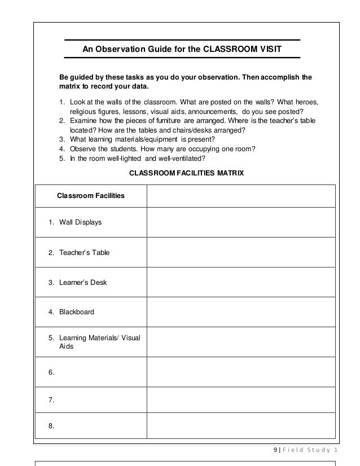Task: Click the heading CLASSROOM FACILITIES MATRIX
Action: (187, 174)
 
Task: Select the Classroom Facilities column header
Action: (91, 196)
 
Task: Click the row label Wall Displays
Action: (80, 222)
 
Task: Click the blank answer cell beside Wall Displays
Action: (241, 222)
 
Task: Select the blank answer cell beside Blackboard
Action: (241, 311)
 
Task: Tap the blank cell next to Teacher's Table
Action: (241, 252)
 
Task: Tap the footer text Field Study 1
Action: (310, 449)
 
